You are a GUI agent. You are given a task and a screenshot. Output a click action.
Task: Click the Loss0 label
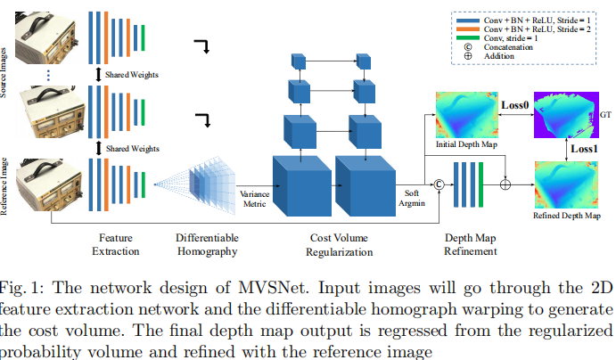click(x=514, y=105)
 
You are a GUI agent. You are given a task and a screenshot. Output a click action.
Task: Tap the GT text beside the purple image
click(x=605, y=115)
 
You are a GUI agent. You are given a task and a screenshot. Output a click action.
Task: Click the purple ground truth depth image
click(x=566, y=114)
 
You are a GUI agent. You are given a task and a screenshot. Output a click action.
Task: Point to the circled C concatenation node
click(x=438, y=185)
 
